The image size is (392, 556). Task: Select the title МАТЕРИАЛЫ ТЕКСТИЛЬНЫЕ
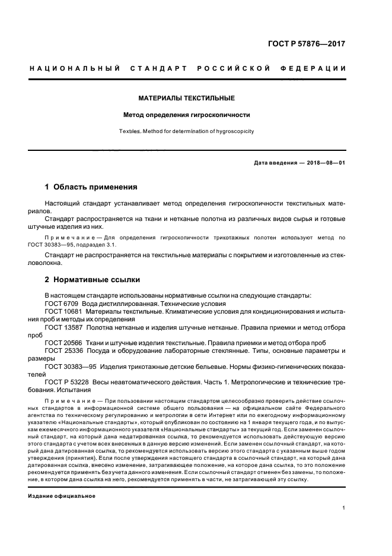pos(187,97)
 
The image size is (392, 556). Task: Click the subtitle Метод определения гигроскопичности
pos(187,115)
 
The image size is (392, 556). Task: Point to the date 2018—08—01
pos(324,162)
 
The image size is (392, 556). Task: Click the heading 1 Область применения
pos(91,187)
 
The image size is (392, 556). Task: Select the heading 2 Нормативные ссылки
pos(93,279)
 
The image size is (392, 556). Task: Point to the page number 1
pos(344,508)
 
